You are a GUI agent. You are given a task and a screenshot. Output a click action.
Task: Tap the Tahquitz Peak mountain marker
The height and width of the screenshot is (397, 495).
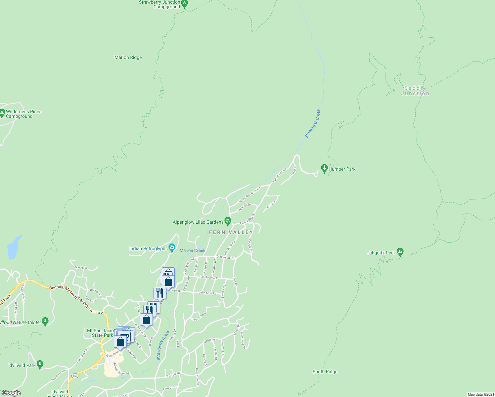click(x=400, y=252)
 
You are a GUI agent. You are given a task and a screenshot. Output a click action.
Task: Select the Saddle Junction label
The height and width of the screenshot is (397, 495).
click(x=415, y=91)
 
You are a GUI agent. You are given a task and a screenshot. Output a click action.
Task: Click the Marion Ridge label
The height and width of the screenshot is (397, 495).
click(x=128, y=57)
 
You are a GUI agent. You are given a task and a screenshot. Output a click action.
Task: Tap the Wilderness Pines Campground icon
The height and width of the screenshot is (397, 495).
click(x=2, y=113)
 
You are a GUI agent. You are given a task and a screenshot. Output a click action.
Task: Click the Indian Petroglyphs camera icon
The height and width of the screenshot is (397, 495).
click(x=172, y=248)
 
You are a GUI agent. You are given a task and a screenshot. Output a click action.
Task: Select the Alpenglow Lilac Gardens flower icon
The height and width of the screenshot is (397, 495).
click(x=228, y=221)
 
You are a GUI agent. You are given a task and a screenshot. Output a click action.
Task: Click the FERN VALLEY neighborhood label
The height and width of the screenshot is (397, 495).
click(x=231, y=232)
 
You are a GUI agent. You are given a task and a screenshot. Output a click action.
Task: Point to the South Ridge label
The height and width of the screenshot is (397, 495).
click(x=325, y=372)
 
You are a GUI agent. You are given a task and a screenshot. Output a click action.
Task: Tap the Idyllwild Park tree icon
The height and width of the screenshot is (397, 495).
click(x=40, y=364)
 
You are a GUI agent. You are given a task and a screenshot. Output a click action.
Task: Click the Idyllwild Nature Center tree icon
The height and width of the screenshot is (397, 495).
click(x=45, y=321)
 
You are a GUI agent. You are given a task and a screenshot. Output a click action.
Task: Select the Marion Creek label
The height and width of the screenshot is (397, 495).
click(x=193, y=250)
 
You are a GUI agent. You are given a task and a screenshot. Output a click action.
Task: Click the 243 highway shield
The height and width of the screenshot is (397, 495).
click(x=75, y=376)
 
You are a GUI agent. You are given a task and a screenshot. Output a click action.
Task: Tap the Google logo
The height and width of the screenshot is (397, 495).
click(x=11, y=393)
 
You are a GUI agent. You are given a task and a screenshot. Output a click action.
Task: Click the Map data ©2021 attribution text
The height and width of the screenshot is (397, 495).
click(x=481, y=394)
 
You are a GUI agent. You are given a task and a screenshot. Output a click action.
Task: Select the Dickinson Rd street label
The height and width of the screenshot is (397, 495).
click(x=225, y=257)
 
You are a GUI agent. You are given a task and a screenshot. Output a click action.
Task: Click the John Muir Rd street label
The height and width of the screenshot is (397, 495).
click(x=207, y=293)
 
